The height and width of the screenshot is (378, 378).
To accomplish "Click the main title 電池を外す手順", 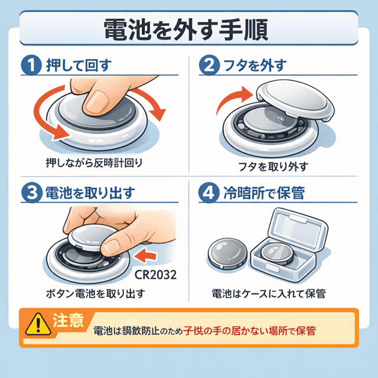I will click(189, 29).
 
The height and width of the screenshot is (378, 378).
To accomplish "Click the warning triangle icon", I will click(36, 323).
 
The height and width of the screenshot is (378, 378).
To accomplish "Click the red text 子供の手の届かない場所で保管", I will click(249, 331).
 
